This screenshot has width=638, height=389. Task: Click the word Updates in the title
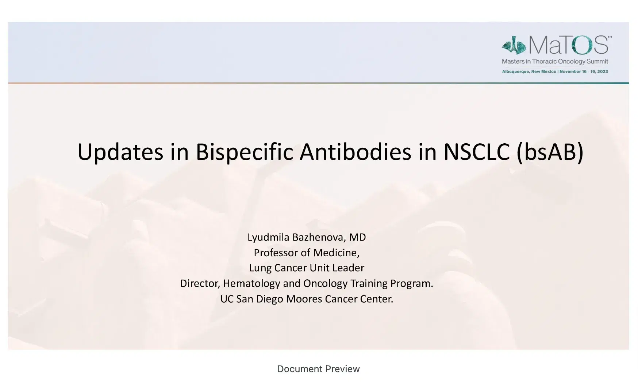coord(120,152)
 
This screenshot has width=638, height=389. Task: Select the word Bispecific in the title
coord(244,152)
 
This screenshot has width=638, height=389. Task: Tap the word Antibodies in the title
coord(355,152)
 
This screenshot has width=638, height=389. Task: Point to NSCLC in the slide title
coord(476,152)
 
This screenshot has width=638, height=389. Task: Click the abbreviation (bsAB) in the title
coord(550,152)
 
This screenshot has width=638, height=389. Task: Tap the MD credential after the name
coord(357,237)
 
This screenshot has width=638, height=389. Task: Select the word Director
coord(200,283)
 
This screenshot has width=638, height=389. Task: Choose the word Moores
coord(304,299)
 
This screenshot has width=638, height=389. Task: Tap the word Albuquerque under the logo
coord(515,72)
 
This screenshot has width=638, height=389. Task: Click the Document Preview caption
coord(318,369)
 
